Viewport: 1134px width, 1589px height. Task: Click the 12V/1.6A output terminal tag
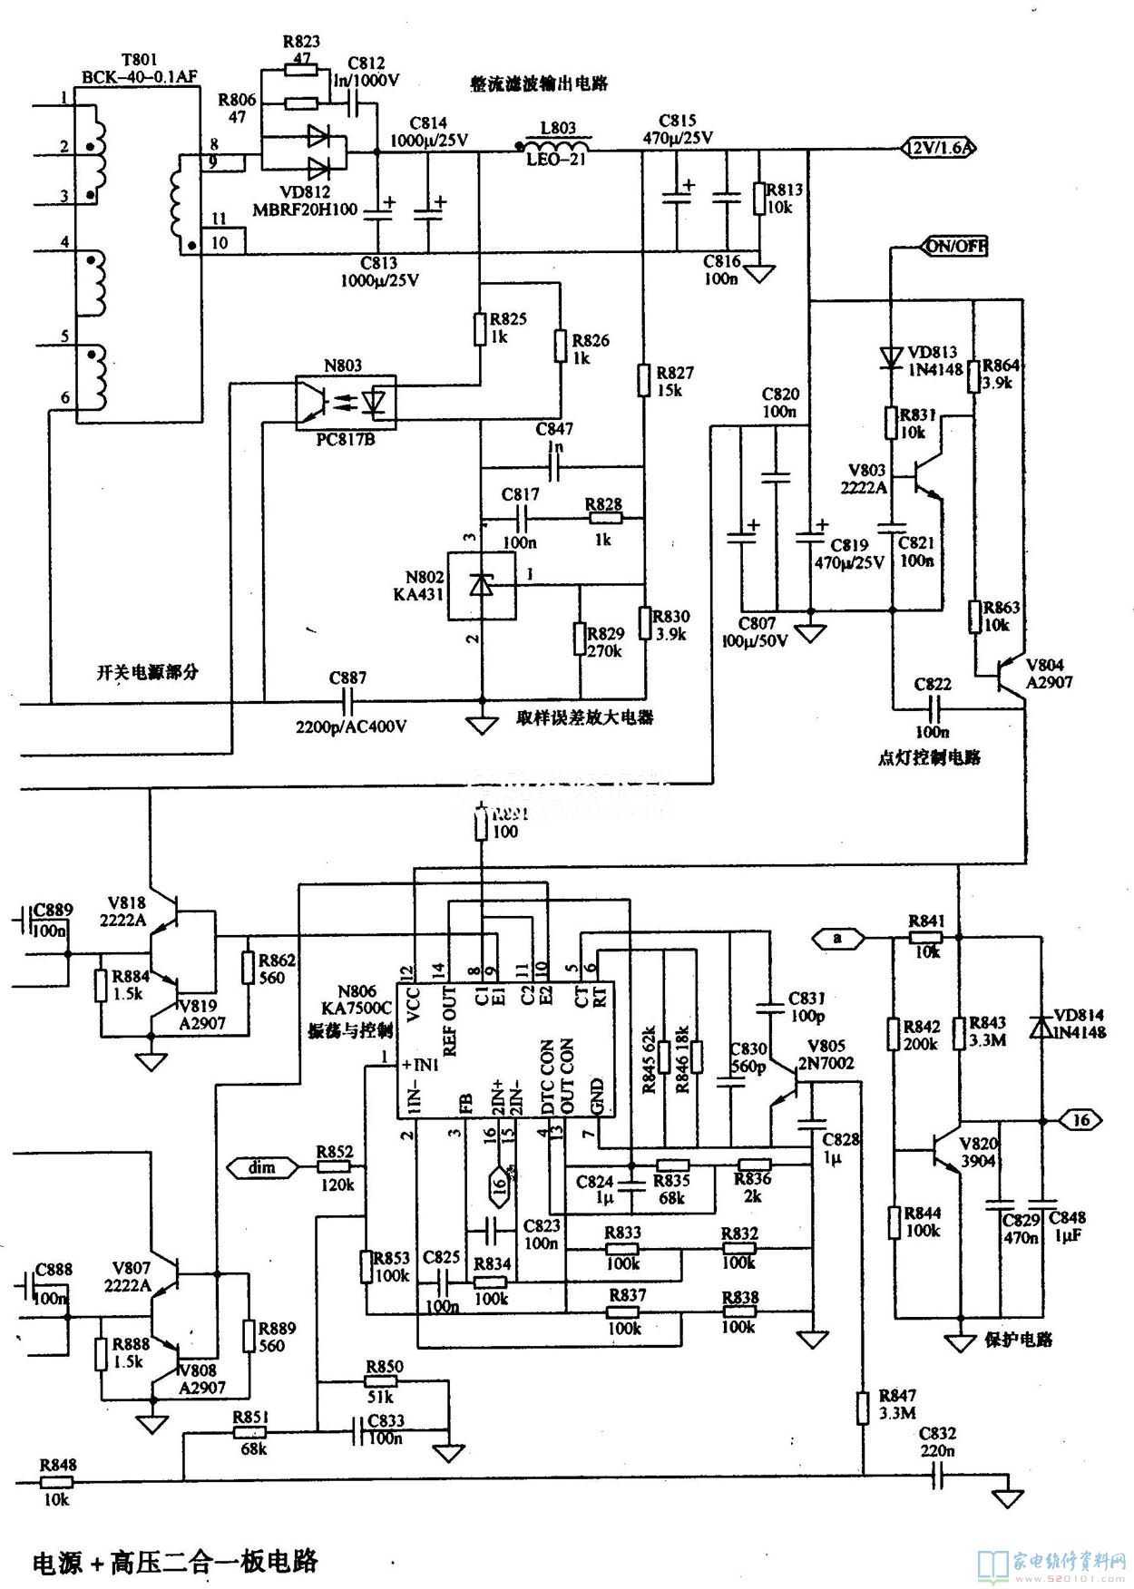tap(937, 148)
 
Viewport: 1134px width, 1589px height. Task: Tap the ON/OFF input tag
tap(956, 246)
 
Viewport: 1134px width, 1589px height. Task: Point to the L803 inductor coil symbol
tap(554, 146)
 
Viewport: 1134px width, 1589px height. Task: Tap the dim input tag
tap(262, 1168)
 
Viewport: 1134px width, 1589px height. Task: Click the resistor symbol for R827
tap(643, 378)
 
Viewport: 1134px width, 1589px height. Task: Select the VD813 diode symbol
tap(891, 355)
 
